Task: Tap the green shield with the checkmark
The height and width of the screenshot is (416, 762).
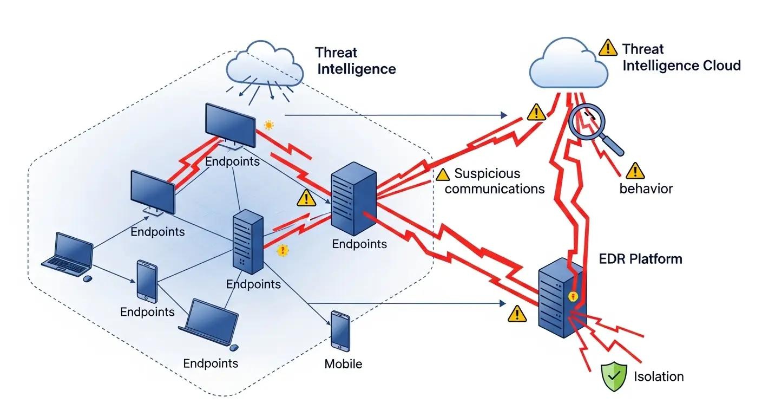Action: tap(614, 376)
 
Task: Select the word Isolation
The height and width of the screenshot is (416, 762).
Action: tap(659, 376)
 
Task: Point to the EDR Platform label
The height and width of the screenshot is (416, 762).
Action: tap(641, 259)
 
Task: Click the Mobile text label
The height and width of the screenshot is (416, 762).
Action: tap(343, 363)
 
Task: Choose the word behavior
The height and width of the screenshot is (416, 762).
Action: tap(646, 189)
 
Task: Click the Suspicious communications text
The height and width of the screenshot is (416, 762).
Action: tap(494, 181)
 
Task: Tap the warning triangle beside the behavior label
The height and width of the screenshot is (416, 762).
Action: tap(632, 172)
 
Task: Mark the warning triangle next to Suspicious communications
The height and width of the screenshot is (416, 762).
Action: tap(443, 174)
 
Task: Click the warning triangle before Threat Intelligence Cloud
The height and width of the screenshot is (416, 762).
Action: tap(608, 48)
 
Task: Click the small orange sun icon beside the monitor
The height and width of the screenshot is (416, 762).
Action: tap(268, 126)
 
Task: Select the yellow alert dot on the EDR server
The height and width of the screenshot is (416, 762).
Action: tap(574, 296)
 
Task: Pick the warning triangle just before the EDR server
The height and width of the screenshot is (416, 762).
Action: tap(517, 313)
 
